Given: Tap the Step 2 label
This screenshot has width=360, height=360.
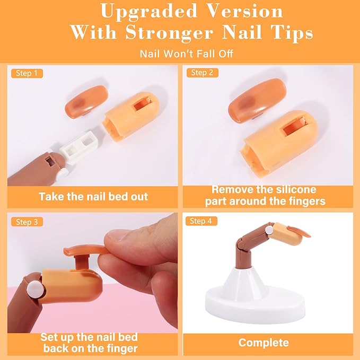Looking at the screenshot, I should pyautogui.click(x=202, y=73).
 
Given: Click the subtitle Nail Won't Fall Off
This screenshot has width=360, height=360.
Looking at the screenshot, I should pyautogui.click(x=179, y=54).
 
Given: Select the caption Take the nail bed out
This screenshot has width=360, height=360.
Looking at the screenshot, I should pyautogui.click(x=93, y=196).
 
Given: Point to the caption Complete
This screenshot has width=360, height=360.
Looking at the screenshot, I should pyautogui.click(x=264, y=343).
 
